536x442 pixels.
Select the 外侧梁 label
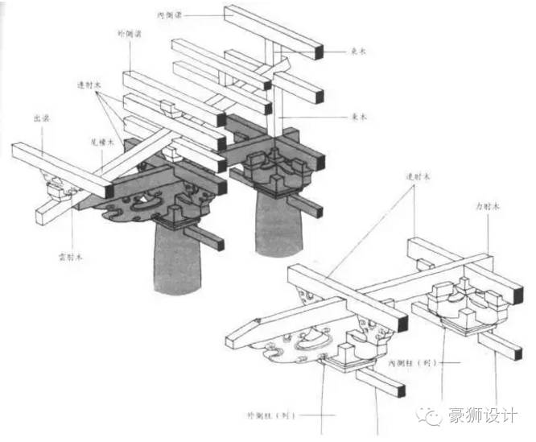coord(128,35)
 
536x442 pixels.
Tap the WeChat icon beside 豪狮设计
coord(435,416)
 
